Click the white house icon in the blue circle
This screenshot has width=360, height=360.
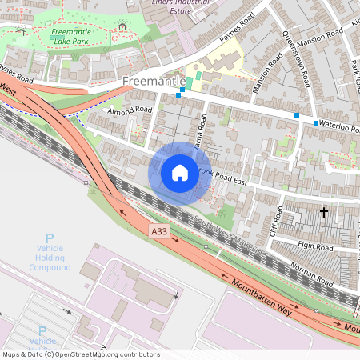180,172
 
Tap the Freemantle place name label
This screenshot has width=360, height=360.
154,82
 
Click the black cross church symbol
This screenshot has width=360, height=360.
324,213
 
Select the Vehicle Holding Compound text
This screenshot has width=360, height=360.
50,258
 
